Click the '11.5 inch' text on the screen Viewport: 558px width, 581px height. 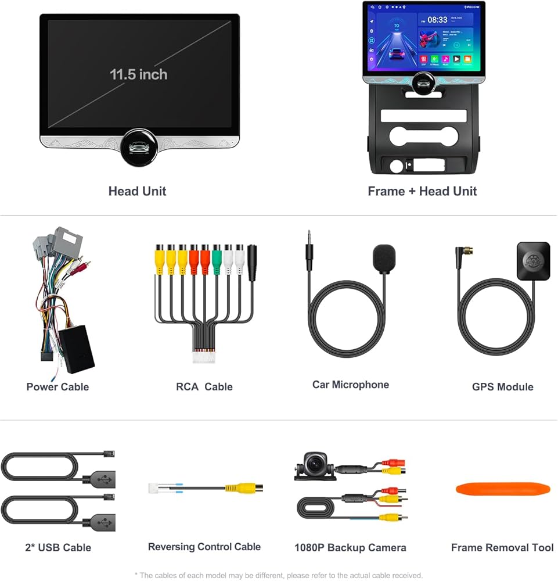(x=138, y=74)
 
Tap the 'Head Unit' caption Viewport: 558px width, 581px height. (x=137, y=191)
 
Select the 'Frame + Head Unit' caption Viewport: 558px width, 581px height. (x=422, y=191)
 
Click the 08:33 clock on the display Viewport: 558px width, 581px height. (x=437, y=20)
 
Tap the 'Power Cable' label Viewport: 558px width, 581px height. (x=57, y=386)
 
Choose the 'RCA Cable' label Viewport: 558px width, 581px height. (x=204, y=386)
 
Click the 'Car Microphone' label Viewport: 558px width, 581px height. (x=350, y=385)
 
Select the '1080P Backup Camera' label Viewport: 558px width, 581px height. (x=350, y=547)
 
